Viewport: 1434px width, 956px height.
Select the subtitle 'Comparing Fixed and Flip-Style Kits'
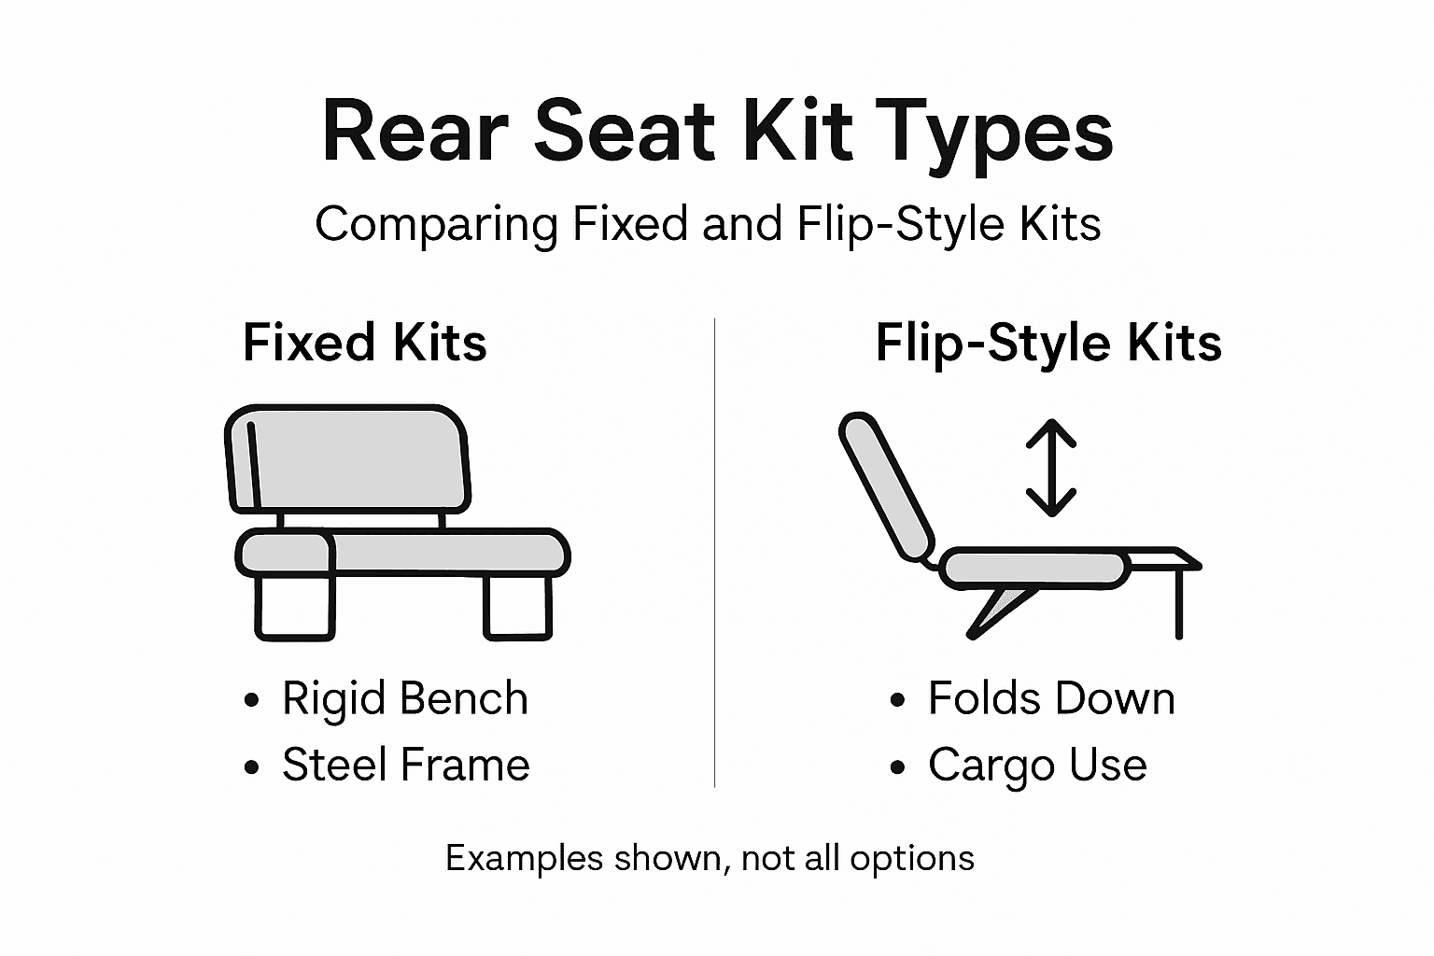pyautogui.click(x=708, y=224)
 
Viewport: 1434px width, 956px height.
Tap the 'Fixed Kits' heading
pyautogui.click(x=364, y=342)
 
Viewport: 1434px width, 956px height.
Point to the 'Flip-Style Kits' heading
pyautogui.click(x=1047, y=342)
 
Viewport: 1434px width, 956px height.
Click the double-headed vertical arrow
pyautogui.click(x=1051, y=468)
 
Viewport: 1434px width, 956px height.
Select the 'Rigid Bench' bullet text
pyautogui.click(x=404, y=698)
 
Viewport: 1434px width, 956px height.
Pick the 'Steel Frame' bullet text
pyautogui.click(x=405, y=765)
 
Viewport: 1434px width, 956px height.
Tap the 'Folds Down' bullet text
pyautogui.click(x=1050, y=698)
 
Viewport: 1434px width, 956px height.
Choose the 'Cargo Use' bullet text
pyautogui.click(x=1036, y=766)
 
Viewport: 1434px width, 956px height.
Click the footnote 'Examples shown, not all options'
pyautogui.click(x=710, y=858)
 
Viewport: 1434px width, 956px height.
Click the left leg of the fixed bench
pyautogui.click(x=294, y=607)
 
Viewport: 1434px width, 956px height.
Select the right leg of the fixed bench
pyautogui.click(x=517, y=607)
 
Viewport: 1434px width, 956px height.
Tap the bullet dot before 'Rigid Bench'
pyautogui.click(x=250, y=700)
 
